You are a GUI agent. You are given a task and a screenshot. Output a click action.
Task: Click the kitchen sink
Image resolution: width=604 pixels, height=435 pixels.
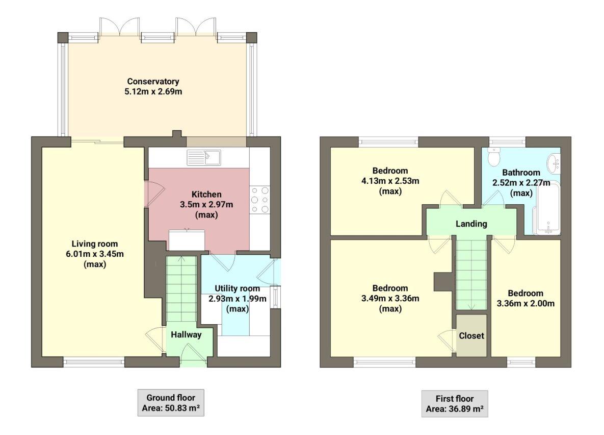click(203, 158)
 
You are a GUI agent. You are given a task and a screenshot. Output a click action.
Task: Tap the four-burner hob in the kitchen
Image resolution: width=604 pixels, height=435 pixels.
click(259, 199)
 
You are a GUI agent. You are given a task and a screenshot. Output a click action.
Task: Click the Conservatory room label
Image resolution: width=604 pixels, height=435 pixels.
click(153, 81)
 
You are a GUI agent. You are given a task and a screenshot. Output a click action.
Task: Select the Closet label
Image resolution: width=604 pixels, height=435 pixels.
click(471, 336)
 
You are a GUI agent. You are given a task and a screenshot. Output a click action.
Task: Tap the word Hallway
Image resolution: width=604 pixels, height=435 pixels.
click(186, 335)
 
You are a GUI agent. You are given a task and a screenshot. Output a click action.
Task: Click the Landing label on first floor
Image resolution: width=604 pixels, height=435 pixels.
click(471, 224)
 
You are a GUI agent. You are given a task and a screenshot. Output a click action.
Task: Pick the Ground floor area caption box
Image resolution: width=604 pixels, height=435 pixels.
click(171, 403)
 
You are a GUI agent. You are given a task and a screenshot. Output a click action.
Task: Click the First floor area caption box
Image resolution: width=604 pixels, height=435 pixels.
click(454, 404)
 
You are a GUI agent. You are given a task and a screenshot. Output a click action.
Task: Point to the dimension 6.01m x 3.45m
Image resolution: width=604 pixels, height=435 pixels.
click(94, 254)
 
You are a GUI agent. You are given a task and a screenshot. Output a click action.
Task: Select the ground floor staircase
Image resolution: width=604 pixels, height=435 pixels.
click(181, 288)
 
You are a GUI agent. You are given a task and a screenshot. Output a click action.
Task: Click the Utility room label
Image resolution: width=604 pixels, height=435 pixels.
click(237, 288)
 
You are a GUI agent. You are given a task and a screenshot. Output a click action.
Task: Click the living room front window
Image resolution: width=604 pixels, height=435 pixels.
click(94, 362)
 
